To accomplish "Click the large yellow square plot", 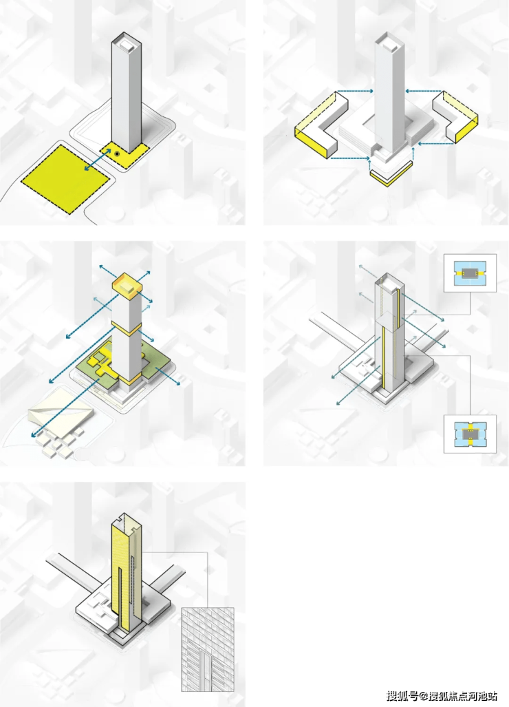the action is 65,178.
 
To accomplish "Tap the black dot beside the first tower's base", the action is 117,154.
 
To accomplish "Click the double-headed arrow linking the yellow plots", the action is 97,160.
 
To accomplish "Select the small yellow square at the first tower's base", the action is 124,155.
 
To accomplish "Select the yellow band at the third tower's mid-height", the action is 127,328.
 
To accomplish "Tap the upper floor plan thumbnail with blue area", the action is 470,273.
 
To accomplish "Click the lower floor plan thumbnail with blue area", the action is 470,434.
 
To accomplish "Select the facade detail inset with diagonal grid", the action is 208,649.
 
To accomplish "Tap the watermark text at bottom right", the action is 442,696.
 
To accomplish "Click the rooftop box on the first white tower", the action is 126,44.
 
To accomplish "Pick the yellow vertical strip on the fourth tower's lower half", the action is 383,356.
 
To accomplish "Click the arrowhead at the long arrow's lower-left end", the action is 33,434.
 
